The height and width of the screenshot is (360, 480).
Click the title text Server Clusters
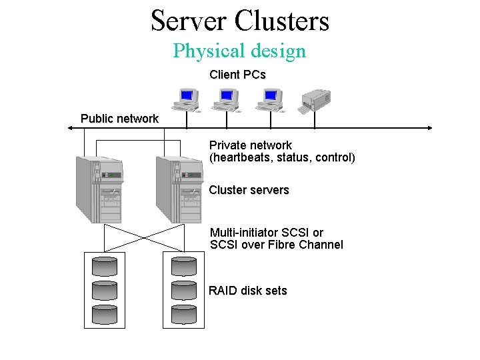[240, 20]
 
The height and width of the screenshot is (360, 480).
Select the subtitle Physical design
[239, 51]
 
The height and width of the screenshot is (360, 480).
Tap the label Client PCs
[237, 75]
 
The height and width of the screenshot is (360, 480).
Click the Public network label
[119, 119]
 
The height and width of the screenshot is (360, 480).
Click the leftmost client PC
[185, 100]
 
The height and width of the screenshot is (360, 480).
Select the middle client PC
[225, 100]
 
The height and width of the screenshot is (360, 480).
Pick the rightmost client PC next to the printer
[269, 100]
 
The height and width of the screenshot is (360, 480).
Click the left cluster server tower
[99, 189]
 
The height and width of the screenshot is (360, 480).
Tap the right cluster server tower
[179, 189]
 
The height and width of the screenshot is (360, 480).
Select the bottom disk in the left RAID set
[104, 314]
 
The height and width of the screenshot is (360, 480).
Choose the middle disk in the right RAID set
[184, 290]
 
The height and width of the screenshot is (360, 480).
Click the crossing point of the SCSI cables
[143, 237]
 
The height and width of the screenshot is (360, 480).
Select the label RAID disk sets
[248, 291]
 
